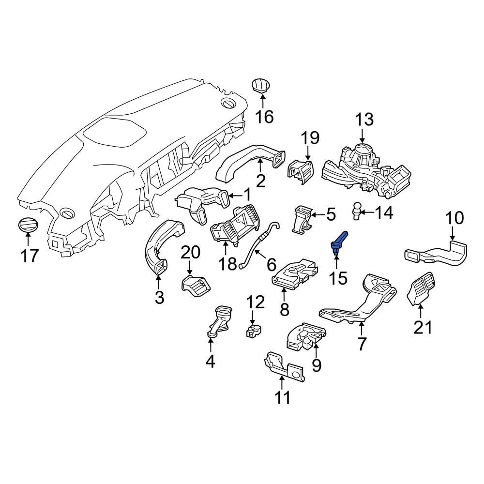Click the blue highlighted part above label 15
[x=338, y=242]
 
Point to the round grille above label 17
[x=27, y=226]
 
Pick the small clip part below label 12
[x=253, y=332]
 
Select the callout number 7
[x=361, y=344]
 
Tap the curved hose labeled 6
[x=254, y=244]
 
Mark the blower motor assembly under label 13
[x=368, y=169]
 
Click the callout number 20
[x=191, y=252]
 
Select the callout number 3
[x=160, y=297]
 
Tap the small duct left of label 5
[x=300, y=221]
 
